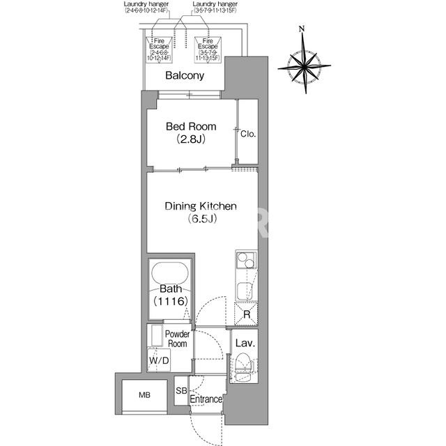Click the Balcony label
click(x=185, y=76)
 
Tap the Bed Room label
click(x=191, y=126)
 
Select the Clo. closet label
click(x=248, y=134)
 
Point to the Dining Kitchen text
click(x=201, y=206)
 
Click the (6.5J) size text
click(x=202, y=219)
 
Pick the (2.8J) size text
click(x=191, y=139)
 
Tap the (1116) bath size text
click(x=171, y=301)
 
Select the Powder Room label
click(x=177, y=339)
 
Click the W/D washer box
click(x=159, y=360)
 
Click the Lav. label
click(x=245, y=344)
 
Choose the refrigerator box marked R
click(x=246, y=314)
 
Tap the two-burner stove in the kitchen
click(x=246, y=260)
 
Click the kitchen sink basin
click(x=245, y=291)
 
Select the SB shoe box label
click(x=181, y=391)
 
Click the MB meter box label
click(x=144, y=395)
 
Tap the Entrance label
click(x=206, y=399)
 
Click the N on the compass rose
click(x=302, y=29)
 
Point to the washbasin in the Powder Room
click(x=157, y=336)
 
